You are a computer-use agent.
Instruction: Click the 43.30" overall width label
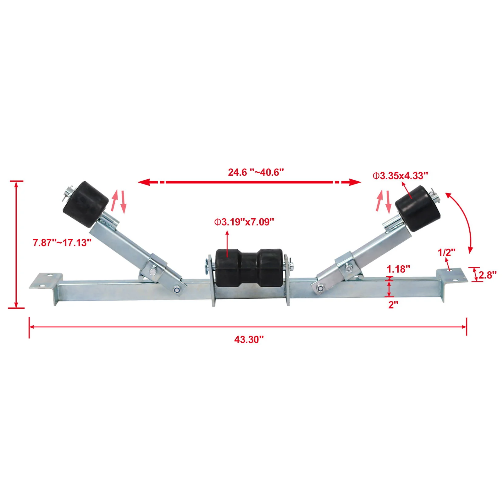pos(249,340)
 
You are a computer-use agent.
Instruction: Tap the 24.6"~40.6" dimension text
pos(256,172)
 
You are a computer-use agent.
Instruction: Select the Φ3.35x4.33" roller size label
pos(400,176)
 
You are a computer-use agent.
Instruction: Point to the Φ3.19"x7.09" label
pos(244,222)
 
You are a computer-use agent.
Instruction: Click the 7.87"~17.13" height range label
pos(62,243)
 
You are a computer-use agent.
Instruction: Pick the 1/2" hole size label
pos(446,252)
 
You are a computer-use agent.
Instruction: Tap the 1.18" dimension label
pos(398,269)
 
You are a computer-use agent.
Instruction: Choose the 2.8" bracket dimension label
pos(487,275)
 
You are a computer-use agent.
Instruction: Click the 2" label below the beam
pos(393,305)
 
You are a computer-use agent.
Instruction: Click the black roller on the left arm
pos(86,204)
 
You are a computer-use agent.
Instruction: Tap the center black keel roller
pos(249,267)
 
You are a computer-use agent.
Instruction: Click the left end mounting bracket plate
pos(46,281)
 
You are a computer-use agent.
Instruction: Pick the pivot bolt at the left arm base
pos(177,289)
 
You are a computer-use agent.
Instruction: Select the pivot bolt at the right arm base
pos(320,288)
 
